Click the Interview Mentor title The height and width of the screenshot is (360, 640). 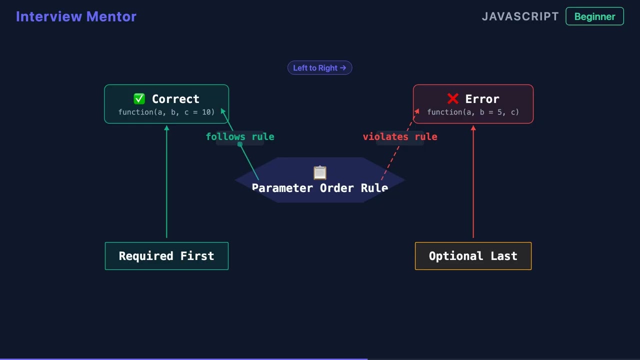click(x=76, y=16)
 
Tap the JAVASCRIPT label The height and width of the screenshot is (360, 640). click(x=520, y=16)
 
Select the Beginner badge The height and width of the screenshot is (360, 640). click(x=594, y=16)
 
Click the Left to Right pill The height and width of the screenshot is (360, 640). click(x=319, y=68)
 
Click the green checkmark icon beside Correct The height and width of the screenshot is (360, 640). click(x=139, y=99)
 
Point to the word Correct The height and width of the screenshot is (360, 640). click(x=175, y=99)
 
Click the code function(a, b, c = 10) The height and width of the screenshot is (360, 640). click(x=166, y=112)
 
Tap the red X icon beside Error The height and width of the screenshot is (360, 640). click(x=453, y=99)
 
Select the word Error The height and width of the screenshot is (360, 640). click(x=482, y=99)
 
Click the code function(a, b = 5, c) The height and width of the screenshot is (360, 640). click(x=473, y=112)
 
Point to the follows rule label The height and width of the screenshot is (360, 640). click(x=240, y=136)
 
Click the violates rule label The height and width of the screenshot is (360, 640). click(x=400, y=136)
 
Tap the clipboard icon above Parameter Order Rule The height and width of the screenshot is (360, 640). click(x=320, y=172)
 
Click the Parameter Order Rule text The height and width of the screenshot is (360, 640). click(x=320, y=188)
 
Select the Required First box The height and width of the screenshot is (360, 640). click(x=166, y=256)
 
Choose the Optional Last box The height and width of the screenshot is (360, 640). click(x=473, y=256)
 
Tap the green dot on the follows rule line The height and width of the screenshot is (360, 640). click(x=240, y=144)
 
